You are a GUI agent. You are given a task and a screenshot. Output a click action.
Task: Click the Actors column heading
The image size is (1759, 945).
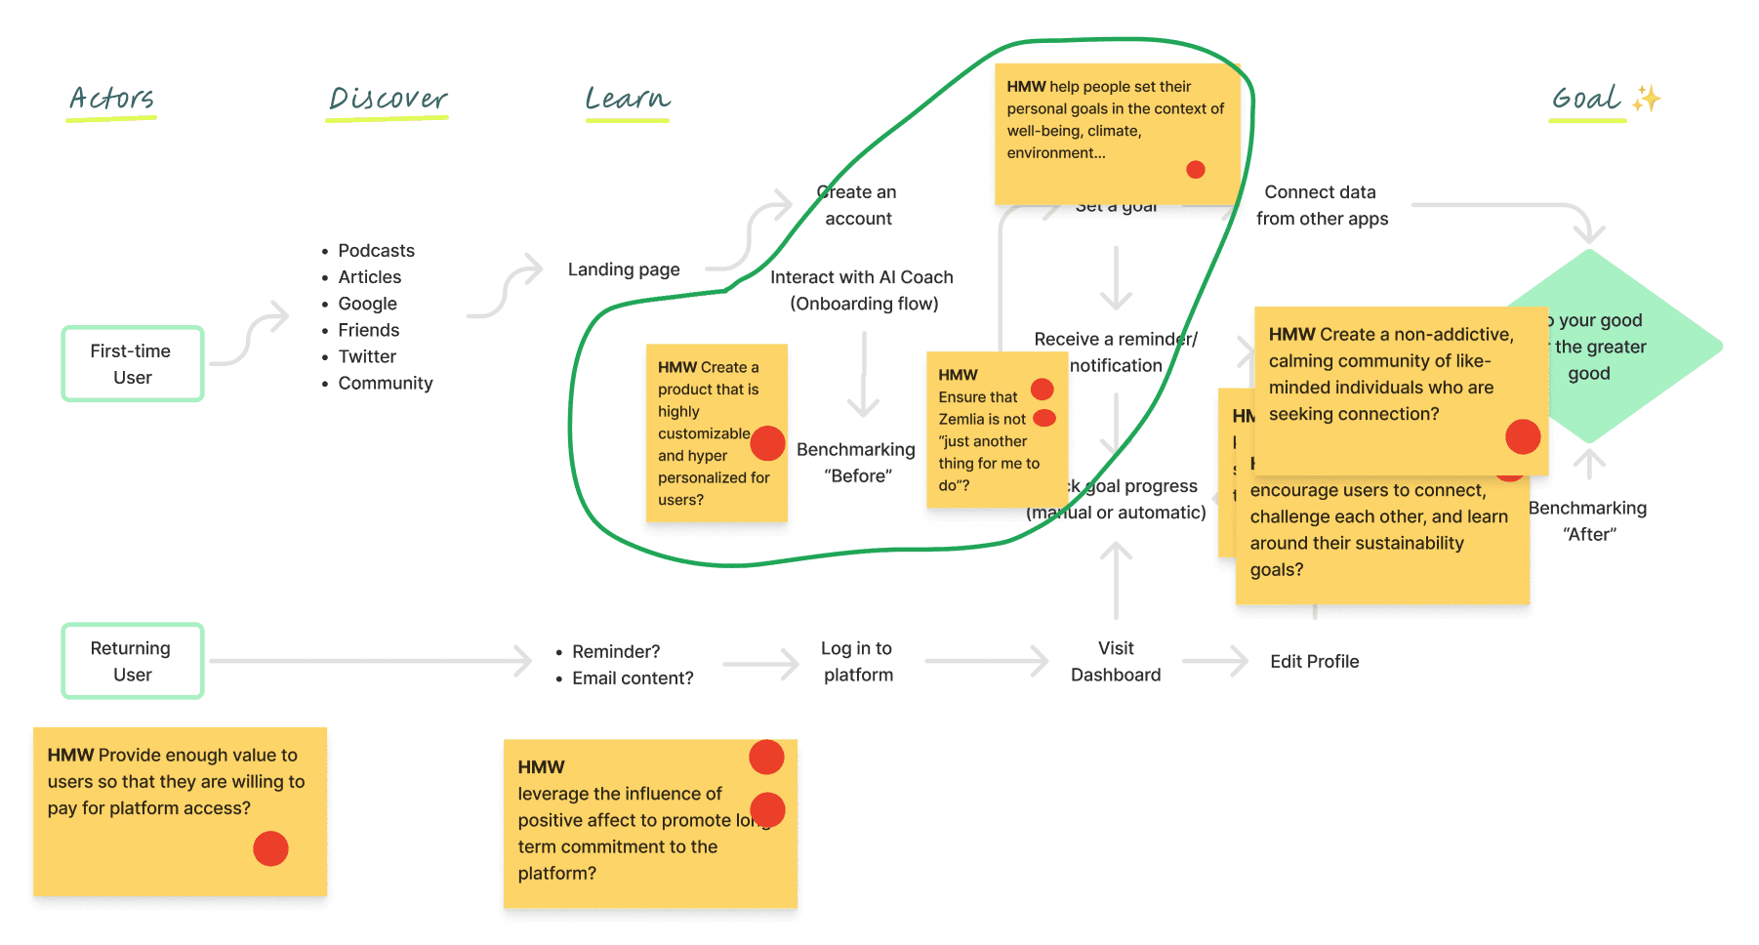pyautogui.click(x=111, y=99)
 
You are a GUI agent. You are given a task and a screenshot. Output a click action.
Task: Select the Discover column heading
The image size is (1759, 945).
pyautogui.click(x=388, y=99)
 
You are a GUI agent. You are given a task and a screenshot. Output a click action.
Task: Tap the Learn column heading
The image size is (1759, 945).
pyautogui.click(x=628, y=99)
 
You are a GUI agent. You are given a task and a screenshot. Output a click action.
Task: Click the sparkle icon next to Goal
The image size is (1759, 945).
pyautogui.click(x=1647, y=99)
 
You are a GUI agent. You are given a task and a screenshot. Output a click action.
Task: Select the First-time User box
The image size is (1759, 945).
pyautogui.click(x=132, y=364)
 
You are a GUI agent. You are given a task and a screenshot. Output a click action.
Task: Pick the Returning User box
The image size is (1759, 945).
pyautogui.click(x=132, y=662)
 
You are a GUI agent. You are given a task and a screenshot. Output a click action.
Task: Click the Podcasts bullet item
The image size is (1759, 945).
pyautogui.click(x=376, y=251)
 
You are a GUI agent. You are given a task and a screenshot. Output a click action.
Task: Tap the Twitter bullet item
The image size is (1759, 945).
pyautogui.click(x=367, y=356)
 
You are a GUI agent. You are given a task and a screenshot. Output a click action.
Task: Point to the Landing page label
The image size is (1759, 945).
pyautogui.click(x=624, y=269)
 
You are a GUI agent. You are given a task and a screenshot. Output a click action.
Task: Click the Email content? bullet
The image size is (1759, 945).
pyautogui.click(x=633, y=678)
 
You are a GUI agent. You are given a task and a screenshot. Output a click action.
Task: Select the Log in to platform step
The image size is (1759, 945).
pyautogui.click(x=858, y=662)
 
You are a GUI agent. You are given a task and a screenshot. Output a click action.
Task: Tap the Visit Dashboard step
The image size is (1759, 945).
pyautogui.click(x=1116, y=662)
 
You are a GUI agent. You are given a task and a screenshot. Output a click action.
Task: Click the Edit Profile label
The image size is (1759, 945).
pyautogui.click(x=1314, y=662)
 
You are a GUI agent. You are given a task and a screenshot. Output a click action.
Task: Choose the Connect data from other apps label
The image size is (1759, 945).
pyautogui.click(x=1322, y=206)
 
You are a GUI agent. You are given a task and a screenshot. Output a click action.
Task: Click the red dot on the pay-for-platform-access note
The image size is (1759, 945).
pyautogui.click(x=270, y=848)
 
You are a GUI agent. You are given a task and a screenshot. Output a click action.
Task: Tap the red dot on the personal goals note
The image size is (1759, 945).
pyautogui.click(x=1195, y=170)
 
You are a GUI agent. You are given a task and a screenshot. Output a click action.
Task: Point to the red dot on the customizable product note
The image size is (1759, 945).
pyautogui.click(x=767, y=443)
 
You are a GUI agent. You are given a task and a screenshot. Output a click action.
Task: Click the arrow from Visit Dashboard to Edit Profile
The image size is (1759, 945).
pyautogui.click(x=1215, y=662)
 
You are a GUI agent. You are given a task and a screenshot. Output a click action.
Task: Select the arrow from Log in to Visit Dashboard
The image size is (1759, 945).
pyautogui.click(x=986, y=662)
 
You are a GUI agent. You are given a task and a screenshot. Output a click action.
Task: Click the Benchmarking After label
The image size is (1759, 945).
pyautogui.click(x=1588, y=521)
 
